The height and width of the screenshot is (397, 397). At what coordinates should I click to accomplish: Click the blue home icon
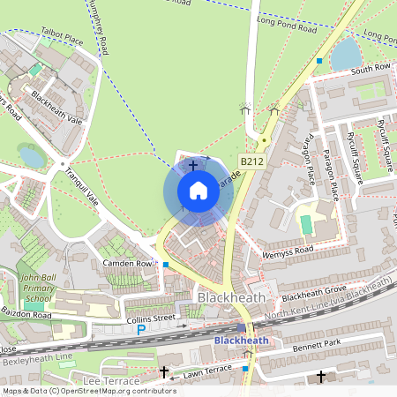click(198, 191)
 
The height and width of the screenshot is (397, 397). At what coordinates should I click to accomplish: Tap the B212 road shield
click(251, 162)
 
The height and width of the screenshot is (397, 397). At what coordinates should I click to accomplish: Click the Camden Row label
click(127, 263)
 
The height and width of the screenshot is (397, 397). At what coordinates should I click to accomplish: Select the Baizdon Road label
click(27, 315)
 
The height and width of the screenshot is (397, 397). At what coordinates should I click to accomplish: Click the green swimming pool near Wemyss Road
click(307, 225)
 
